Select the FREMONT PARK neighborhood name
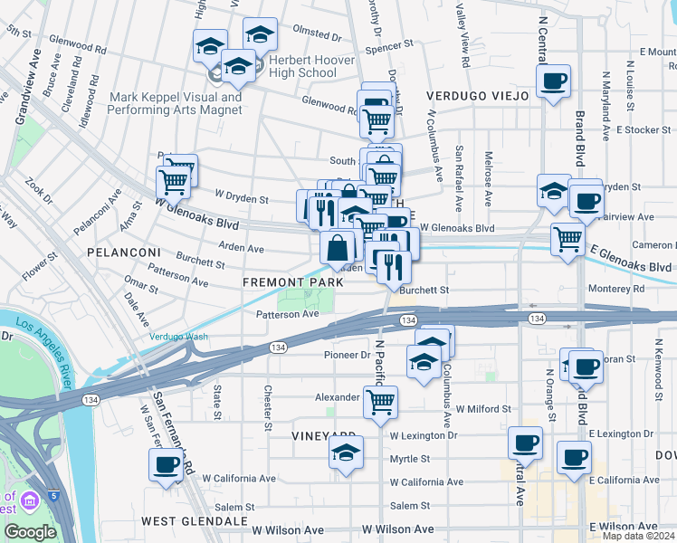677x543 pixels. click(x=292, y=282)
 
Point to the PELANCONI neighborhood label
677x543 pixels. click(x=123, y=251)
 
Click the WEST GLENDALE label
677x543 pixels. click(x=194, y=521)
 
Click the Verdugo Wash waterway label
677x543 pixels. click(x=178, y=338)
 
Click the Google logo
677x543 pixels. click(x=30, y=532)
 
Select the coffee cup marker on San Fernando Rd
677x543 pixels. click(x=166, y=464)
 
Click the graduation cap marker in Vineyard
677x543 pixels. click(x=345, y=452)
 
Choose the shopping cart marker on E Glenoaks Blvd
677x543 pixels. click(x=567, y=239)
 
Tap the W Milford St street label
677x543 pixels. click(x=484, y=409)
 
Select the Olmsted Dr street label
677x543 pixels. click(x=317, y=39)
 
